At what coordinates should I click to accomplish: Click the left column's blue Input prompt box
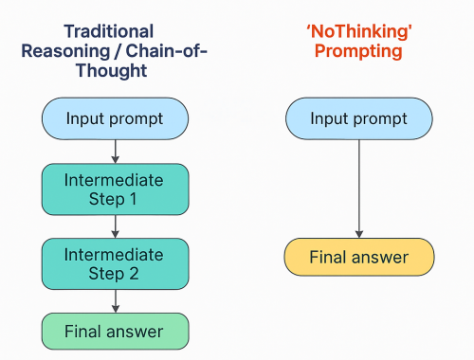tap(115, 118)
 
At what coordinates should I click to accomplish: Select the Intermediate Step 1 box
tap(115, 189)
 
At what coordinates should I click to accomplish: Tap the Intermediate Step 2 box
tap(115, 264)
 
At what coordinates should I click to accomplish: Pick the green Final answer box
tap(115, 332)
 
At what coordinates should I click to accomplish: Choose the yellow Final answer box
tap(359, 257)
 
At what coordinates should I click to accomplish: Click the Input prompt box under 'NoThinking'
tap(359, 118)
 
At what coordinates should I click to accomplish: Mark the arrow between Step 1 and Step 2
tap(115, 225)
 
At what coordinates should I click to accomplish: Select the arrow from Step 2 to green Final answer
tap(115, 300)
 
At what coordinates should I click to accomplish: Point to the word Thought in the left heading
tap(115, 71)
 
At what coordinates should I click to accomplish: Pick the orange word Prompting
tap(359, 50)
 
